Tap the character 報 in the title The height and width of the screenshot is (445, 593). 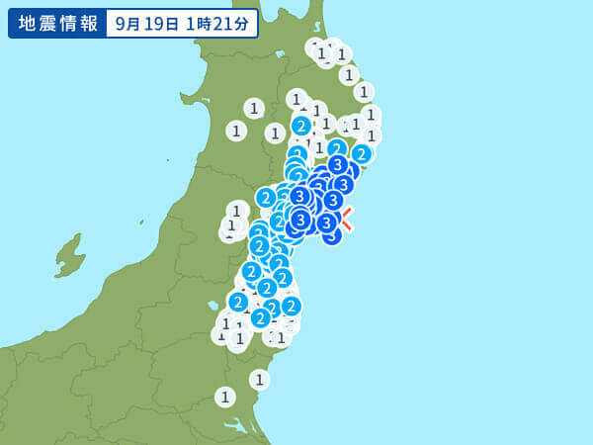coord(88,23)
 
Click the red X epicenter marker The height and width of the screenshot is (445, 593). coord(346,219)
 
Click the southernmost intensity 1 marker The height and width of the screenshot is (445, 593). coord(225,397)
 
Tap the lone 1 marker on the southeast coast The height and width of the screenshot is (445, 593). coord(259,379)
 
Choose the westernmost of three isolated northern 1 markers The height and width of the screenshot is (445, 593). coord(236,131)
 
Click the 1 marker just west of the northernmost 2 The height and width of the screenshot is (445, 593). coord(275,133)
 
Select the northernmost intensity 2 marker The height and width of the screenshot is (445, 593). coord(301,126)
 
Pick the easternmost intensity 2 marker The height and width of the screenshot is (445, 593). coord(362,153)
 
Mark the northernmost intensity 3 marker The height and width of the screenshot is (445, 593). coord(337,165)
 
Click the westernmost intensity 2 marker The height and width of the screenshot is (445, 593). coord(238,302)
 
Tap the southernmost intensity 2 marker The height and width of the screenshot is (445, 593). coord(260,317)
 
